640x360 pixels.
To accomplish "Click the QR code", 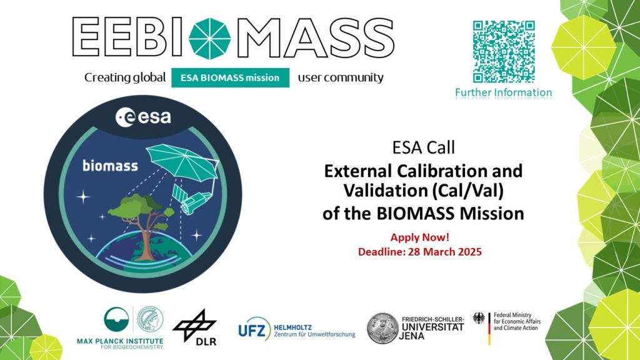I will pyautogui.click(x=503, y=52).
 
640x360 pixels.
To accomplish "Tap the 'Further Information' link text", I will pyautogui.click(x=503, y=92).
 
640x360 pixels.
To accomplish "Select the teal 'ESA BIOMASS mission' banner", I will pyautogui.click(x=230, y=78).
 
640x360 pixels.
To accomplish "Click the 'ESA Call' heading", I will pyautogui.click(x=422, y=148).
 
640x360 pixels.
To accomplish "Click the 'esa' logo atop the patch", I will pyautogui.click(x=143, y=117).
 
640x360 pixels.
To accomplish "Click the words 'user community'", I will pyautogui.click(x=341, y=78).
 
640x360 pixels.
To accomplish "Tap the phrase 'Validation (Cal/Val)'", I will pyautogui.click(x=422, y=190).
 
